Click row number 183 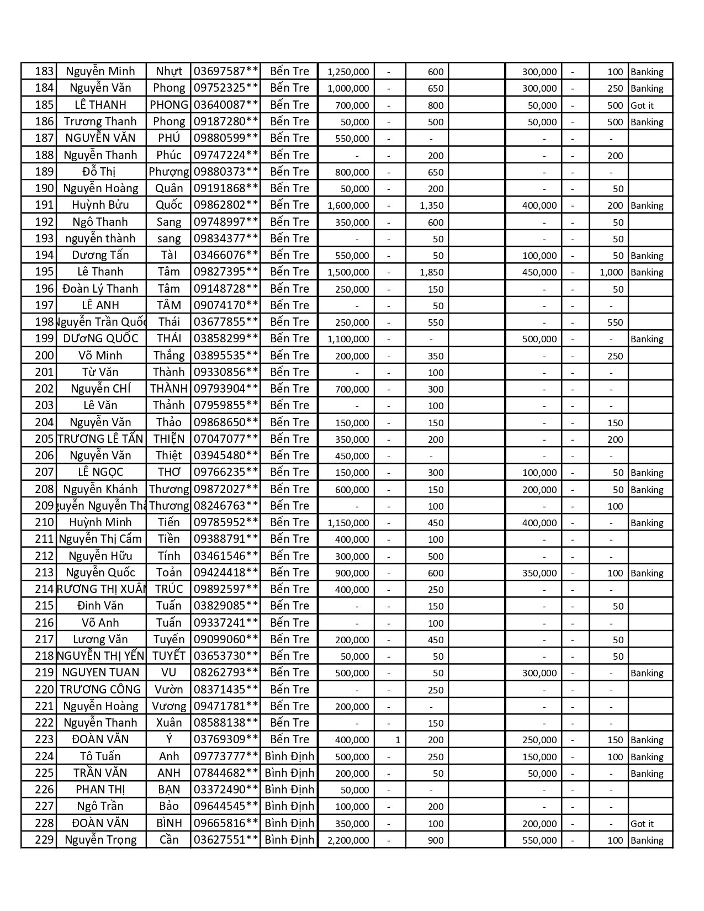pyautogui.click(x=44, y=71)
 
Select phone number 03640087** pyautogui.click(x=226, y=105)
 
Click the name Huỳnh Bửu pyautogui.click(x=100, y=205)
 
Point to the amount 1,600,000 pyautogui.click(x=348, y=205)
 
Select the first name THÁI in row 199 pyautogui.click(x=168, y=338)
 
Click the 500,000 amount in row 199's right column pyautogui.click(x=539, y=339)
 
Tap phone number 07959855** pyautogui.click(x=226, y=405)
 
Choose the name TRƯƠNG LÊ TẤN pyautogui.click(x=100, y=439)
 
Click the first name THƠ pyautogui.click(x=168, y=472)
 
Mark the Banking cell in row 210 pyautogui.click(x=647, y=523)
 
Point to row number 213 pyautogui.click(x=44, y=573)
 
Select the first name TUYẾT pyautogui.click(x=168, y=656)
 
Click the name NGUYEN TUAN pyautogui.click(x=100, y=672)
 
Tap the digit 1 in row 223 pyautogui.click(x=398, y=740)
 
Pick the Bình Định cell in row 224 pyautogui.click(x=289, y=756)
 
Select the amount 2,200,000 pyautogui.click(x=348, y=840)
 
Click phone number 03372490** pyautogui.click(x=226, y=790)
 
